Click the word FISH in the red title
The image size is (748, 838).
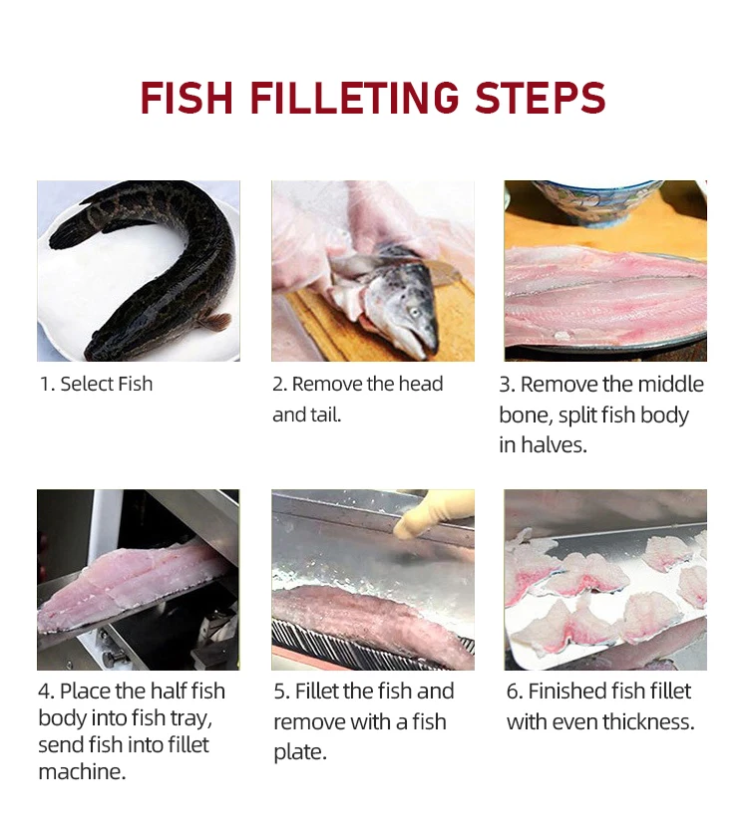(187, 98)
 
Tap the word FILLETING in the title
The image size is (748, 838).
(355, 98)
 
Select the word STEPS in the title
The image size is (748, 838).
(541, 98)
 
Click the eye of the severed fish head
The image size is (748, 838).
(414, 311)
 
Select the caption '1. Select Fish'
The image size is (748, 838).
(97, 384)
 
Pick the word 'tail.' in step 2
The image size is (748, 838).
(325, 415)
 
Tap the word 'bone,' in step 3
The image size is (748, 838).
(526, 415)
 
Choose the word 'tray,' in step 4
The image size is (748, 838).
(191, 717)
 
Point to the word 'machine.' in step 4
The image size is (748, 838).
(82, 771)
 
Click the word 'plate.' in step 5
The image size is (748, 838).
(300, 752)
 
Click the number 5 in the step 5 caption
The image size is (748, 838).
(280, 692)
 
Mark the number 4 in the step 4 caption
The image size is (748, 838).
(45, 692)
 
